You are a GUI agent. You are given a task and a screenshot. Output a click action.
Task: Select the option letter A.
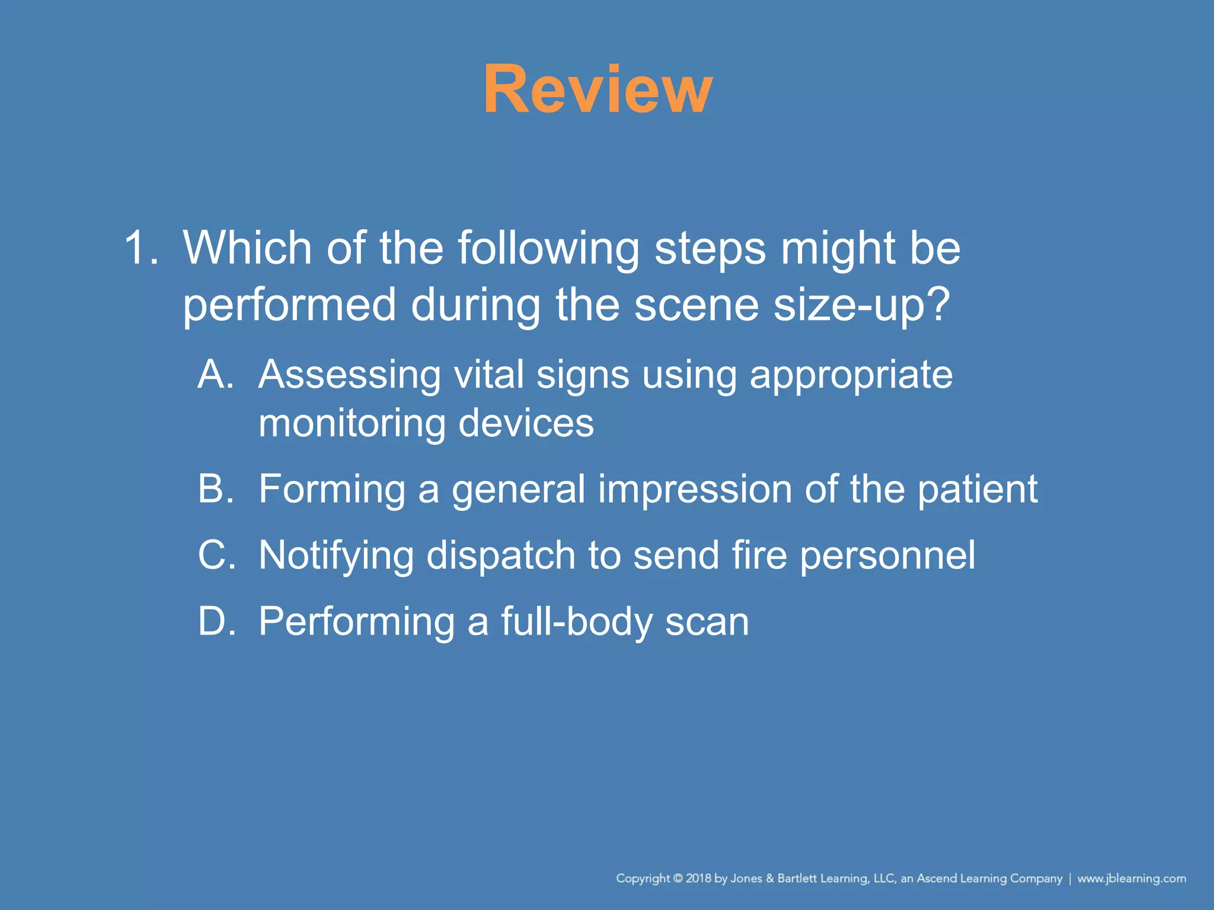pos(215,374)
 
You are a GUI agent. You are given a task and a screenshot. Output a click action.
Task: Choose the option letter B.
pos(215,489)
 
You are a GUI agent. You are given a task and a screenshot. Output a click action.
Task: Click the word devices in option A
pos(526,423)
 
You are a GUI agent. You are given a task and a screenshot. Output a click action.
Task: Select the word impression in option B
pos(694,489)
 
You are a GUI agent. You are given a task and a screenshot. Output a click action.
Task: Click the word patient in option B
pos(977,490)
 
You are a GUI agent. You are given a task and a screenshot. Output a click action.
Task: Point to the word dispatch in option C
pos(501,555)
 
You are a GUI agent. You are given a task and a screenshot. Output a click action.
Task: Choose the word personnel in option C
pos(887,555)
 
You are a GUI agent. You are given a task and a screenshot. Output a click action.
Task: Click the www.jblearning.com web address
pos(1132,879)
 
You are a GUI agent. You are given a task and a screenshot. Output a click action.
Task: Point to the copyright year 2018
pos(699,879)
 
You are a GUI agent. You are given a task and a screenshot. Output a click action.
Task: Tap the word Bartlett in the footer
pos(797,879)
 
